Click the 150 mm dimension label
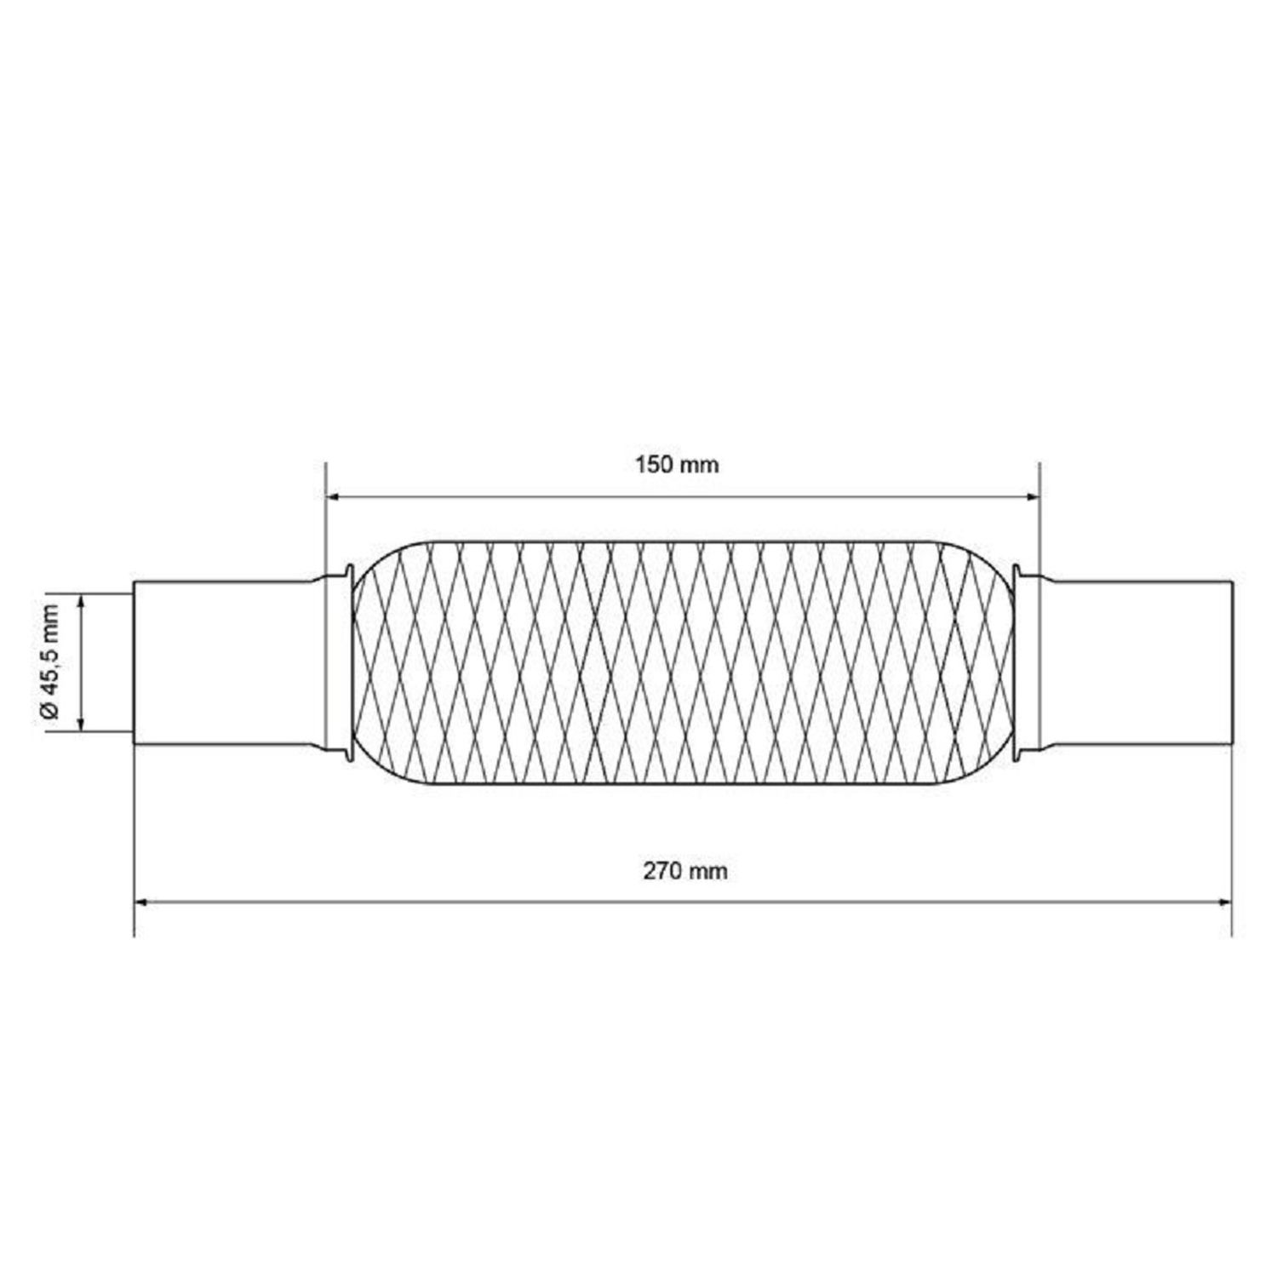pos(677,465)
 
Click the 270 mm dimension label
pos(686,871)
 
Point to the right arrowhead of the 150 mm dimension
pos(1032,495)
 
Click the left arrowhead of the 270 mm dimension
pos(143,902)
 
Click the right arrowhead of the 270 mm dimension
pos(1223,902)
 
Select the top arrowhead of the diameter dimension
pos(81,604)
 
